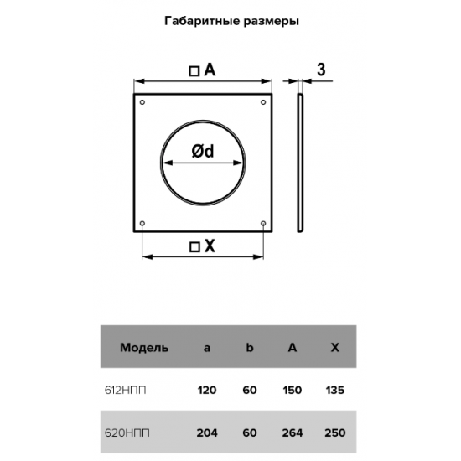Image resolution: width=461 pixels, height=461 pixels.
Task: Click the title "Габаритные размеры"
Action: [x=231, y=22]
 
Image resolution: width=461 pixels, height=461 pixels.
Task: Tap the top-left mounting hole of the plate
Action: [x=142, y=102]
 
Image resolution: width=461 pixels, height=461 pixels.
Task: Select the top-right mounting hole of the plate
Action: [x=263, y=102]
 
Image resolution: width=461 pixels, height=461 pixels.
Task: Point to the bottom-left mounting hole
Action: [x=142, y=224]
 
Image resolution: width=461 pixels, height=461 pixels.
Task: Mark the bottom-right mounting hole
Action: [x=263, y=224]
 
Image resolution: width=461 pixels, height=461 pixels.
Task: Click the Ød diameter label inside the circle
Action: [x=203, y=152]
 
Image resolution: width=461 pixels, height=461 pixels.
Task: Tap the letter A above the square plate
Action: [x=210, y=70]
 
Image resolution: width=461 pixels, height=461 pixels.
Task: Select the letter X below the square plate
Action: [x=210, y=246]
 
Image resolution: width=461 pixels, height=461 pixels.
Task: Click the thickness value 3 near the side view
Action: [x=321, y=70]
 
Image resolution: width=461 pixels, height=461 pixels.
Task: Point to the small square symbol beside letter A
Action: [x=194, y=71]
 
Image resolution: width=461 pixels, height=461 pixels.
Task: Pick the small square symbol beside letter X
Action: [x=194, y=247]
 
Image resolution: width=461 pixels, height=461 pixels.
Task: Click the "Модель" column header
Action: [x=144, y=348]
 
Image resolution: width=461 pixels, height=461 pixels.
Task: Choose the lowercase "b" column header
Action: [x=249, y=348]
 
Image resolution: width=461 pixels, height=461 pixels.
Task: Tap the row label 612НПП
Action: [x=125, y=391]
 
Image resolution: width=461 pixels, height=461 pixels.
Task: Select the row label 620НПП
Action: [x=127, y=433]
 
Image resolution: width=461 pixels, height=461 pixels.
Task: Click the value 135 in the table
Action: [x=335, y=391]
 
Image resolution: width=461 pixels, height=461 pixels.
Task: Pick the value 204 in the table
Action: [x=207, y=433]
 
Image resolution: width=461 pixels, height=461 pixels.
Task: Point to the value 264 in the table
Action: [x=293, y=433]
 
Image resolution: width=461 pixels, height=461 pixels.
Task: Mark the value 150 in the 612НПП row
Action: [x=293, y=391]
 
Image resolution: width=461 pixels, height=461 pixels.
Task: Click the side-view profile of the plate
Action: [x=300, y=163]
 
